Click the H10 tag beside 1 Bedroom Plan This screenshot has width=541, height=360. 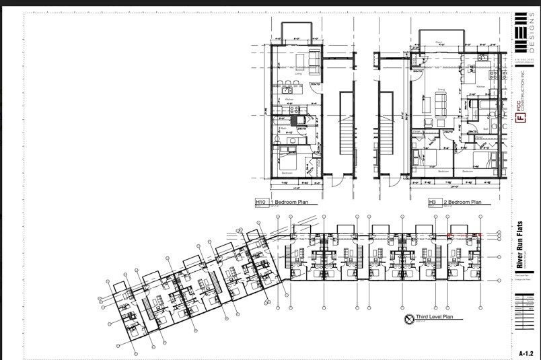(261, 202)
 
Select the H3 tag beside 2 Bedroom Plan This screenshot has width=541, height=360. (432, 202)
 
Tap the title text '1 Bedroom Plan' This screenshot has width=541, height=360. (289, 202)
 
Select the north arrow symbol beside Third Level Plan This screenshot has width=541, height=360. (408, 319)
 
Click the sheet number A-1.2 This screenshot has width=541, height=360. (526, 353)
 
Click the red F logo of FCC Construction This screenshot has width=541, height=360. (519, 118)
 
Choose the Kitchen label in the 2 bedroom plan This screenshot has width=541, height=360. (480, 87)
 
